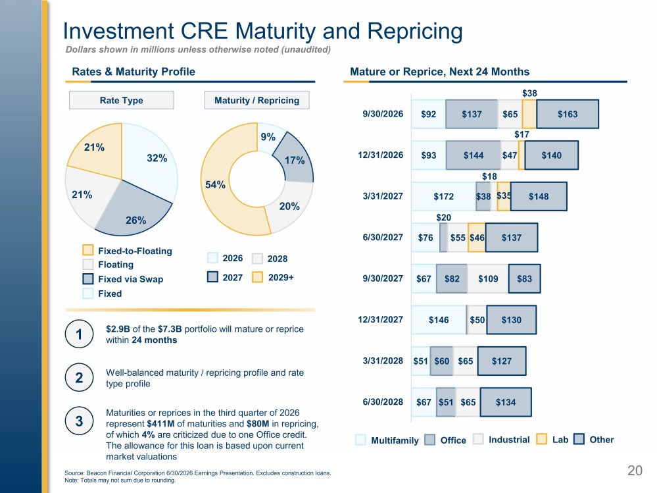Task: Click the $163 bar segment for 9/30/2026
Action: click(x=568, y=114)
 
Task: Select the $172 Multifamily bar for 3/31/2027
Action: click(x=444, y=196)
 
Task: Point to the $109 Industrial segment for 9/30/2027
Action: click(x=488, y=279)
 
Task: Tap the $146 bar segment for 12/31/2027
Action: click(x=439, y=320)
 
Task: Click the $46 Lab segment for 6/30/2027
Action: click(x=477, y=238)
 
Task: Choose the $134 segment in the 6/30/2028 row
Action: click(x=506, y=402)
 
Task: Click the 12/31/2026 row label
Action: click(x=381, y=155)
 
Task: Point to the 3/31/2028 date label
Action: click(x=383, y=361)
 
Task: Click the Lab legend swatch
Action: click(x=542, y=439)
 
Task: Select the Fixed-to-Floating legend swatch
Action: click(x=88, y=250)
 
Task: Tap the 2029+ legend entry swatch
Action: click(x=257, y=277)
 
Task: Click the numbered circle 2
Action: click(x=79, y=378)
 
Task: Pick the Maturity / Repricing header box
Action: click(x=257, y=100)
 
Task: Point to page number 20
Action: click(x=635, y=471)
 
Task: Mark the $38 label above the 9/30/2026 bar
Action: click(x=529, y=93)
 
